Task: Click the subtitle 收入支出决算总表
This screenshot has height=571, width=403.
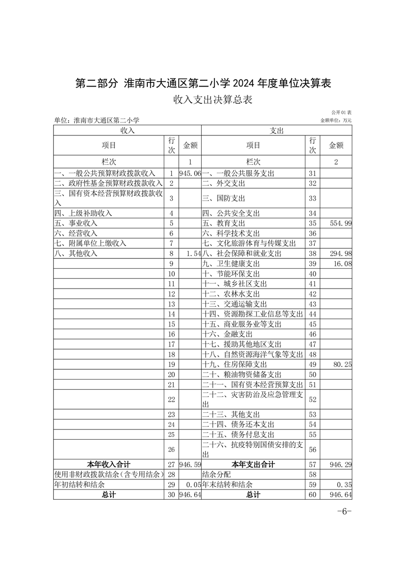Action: [212, 100]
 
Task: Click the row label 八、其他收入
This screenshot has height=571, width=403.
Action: [76, 253]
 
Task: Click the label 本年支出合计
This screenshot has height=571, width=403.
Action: [253, 465]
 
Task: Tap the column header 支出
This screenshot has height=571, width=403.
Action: [277, 131]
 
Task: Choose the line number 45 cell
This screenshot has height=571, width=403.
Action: [313, 324]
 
